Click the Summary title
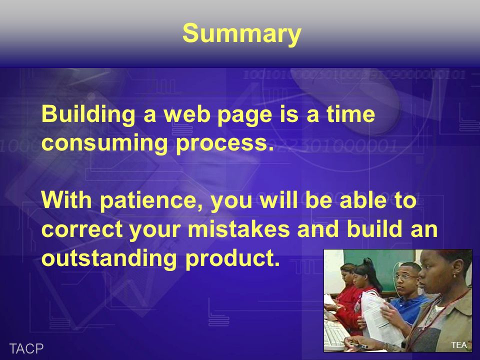click(242, 34)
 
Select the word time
click(350, 114)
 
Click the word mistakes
click(238, 229)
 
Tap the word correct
click(81, 230)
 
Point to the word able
click(363, 200)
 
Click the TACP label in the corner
click(26, 348)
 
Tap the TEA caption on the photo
click(459, 345)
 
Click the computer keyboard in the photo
click(335, 335)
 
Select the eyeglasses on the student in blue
click(405, 277)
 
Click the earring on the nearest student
click(454, 276)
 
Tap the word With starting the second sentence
click(66, 200)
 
